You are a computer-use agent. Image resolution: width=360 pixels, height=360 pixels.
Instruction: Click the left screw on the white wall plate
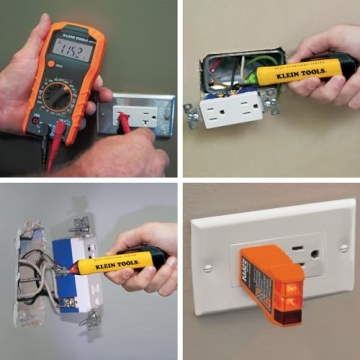tap(208, 268)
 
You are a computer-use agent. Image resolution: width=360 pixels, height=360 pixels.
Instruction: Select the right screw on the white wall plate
tap(344, 247)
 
